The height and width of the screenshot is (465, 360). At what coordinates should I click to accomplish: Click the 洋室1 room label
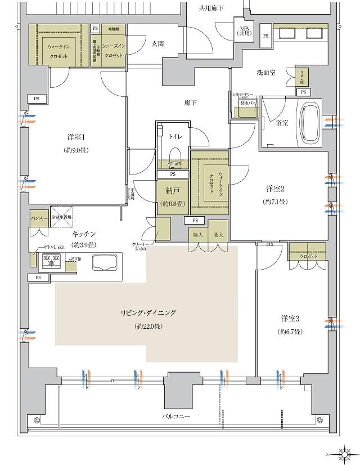tap(75, 137)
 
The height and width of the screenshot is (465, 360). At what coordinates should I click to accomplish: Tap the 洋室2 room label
tap(276, 189)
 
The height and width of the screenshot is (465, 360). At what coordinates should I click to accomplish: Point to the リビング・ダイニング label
tap(148, 313)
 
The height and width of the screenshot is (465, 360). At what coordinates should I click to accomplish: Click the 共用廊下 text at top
tap(211, 8)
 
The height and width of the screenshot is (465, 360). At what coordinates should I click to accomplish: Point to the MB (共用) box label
tap(245, 32)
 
